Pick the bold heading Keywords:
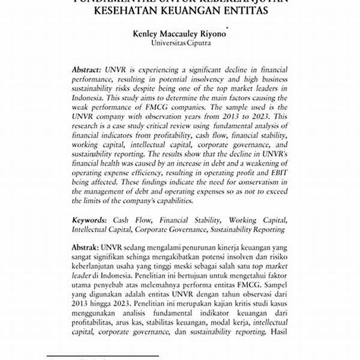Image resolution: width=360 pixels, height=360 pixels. (x=91, y=220)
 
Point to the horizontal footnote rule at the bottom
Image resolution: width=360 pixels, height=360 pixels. (x=103, y=355)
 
